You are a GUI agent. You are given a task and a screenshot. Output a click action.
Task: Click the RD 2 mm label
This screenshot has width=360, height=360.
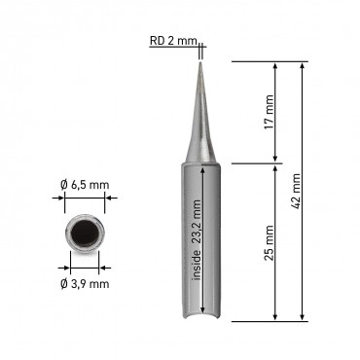(173, 41)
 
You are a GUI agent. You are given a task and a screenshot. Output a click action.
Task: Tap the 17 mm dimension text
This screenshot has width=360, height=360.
(269, 112)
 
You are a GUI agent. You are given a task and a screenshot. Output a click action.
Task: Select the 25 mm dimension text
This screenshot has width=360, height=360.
(269, 243)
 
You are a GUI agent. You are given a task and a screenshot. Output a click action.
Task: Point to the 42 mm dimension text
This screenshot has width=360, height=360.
(296, 192)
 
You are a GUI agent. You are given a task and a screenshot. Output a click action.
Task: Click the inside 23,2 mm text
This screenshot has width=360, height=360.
(197, 239)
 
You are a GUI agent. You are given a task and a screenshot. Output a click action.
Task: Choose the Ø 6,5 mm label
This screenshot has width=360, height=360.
(85, 185)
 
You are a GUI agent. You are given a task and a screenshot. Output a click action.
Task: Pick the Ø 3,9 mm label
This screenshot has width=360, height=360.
(85, 284)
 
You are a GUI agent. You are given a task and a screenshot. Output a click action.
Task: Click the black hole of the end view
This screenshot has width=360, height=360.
(85, 233)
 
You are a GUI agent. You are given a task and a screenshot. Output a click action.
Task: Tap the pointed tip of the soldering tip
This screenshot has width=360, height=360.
(200, 62)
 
